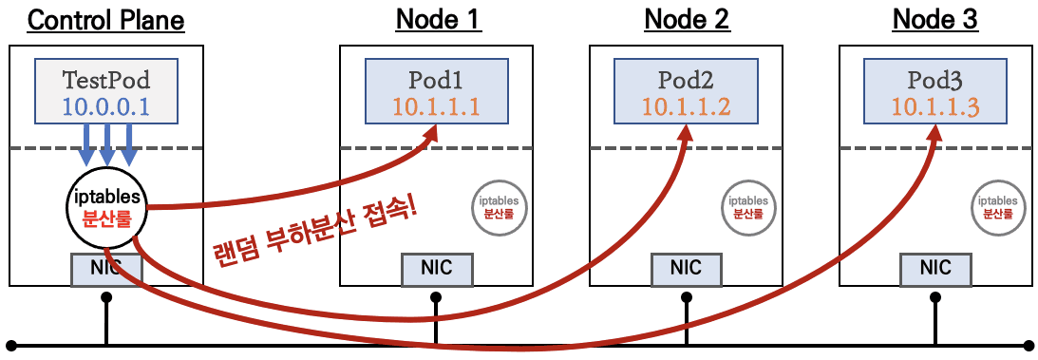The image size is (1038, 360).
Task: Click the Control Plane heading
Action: pos(105,20)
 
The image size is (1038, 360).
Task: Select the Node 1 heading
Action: pos(438,20)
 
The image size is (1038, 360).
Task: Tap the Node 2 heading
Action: pos(687,20)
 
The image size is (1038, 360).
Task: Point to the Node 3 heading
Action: pos(935,20)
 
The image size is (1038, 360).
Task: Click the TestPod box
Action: pos(105,90)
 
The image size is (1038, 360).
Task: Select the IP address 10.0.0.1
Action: pos(105,106)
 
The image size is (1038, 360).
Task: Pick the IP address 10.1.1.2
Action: pos(687,106)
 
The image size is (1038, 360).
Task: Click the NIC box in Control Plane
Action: pos(105,269)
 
